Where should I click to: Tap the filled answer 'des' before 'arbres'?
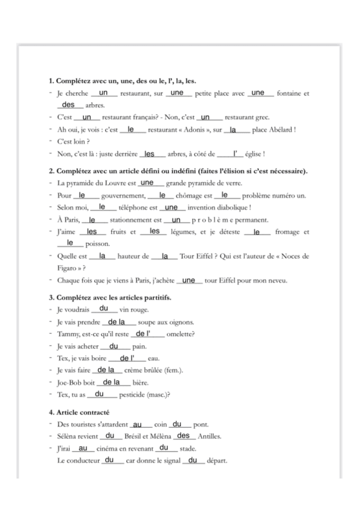69,105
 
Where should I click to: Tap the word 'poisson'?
98,244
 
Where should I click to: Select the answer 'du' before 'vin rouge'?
103,309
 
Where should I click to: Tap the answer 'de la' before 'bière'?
112,382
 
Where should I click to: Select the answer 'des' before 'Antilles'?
183,436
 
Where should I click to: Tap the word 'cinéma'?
111,449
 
